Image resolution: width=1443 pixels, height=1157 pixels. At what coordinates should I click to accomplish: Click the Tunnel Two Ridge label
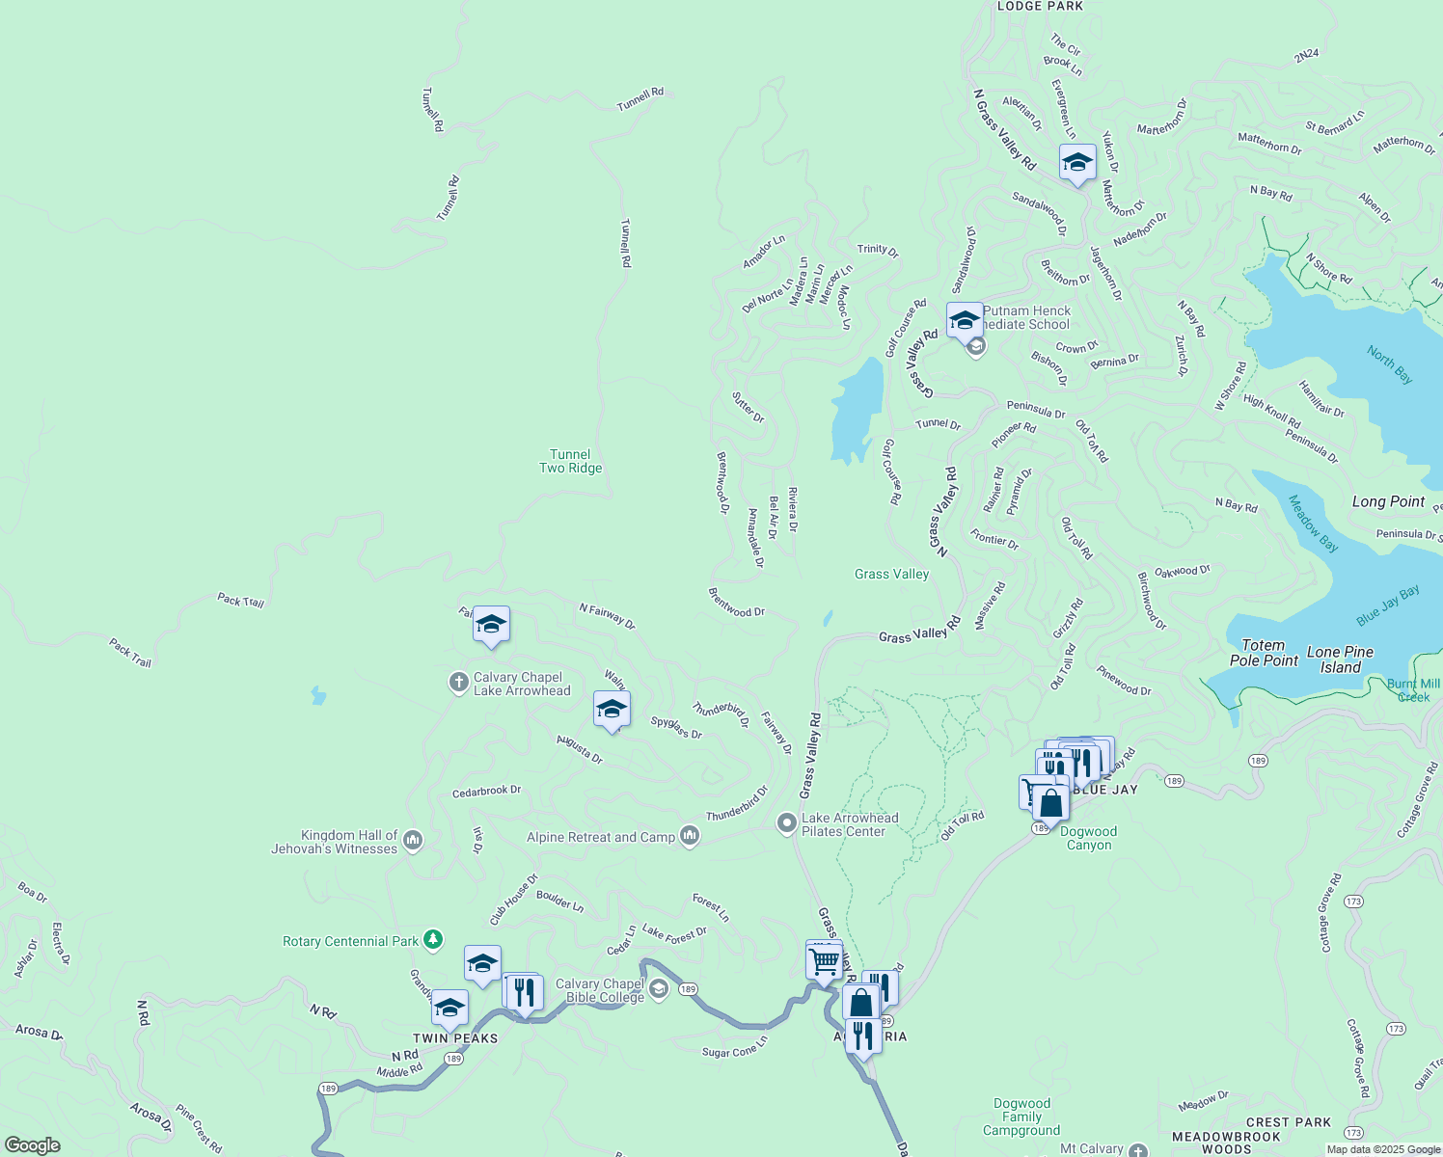pos(570,462)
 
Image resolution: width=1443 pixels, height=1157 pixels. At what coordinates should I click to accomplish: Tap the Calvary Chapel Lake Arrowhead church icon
pos(459,683)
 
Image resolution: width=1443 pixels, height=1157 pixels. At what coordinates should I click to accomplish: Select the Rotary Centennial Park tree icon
pos(433,939)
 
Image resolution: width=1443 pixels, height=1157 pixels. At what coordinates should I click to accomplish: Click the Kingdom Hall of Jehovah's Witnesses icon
pos(413,841)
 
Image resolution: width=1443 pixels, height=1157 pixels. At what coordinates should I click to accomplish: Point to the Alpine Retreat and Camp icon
pos(690,835)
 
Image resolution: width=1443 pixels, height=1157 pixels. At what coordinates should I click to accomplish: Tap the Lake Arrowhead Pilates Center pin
pos(787,823)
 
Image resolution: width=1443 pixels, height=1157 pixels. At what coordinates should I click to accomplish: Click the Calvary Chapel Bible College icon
pos(659,989)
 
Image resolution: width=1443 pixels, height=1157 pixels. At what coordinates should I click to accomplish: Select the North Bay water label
pos(1390,364)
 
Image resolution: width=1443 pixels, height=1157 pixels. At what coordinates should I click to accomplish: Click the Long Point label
pos(1388,501)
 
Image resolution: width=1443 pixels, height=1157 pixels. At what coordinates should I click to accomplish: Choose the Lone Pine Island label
pos(1341,659)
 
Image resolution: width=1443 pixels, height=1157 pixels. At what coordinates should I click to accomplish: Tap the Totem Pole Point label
pos(1264,653)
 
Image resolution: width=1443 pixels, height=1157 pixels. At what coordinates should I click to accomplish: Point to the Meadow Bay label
pos(1314,524)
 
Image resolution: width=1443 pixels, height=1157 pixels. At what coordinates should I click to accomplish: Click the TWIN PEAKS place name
pos(455,1038)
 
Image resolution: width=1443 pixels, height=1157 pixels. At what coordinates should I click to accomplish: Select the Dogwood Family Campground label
pos(1021,1117)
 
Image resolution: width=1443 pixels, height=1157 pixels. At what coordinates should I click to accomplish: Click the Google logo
pos(33,1144)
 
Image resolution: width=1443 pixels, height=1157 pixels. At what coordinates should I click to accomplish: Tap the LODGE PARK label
pos(1040,6)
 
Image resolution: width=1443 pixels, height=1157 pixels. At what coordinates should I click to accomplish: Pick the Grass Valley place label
pos(891,574)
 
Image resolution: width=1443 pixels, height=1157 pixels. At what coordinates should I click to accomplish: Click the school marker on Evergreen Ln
pos(1077,163)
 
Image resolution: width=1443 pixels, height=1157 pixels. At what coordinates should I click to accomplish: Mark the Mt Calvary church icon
pos(1138,1150)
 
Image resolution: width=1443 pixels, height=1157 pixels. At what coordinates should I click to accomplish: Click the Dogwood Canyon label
pos(1088,838)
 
